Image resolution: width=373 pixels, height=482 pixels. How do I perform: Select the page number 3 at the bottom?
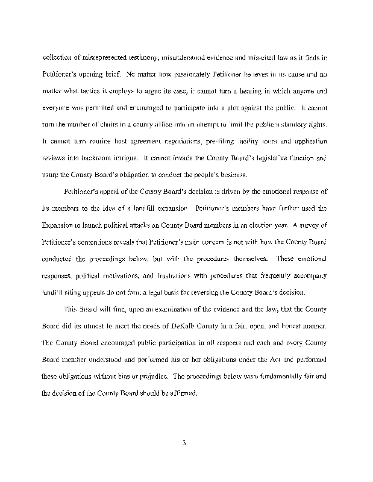185,444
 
